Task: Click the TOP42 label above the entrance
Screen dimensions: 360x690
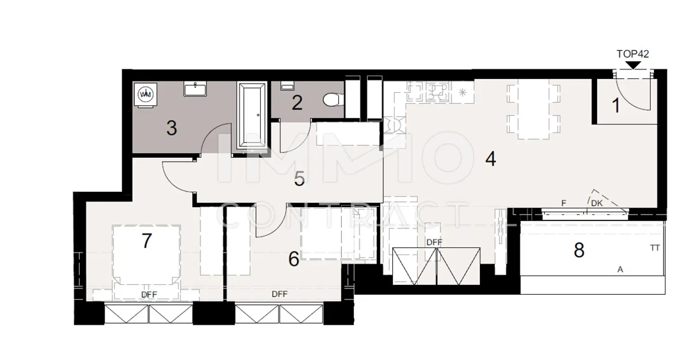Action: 632,54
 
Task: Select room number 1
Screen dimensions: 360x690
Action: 616,106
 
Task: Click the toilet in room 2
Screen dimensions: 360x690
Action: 332,99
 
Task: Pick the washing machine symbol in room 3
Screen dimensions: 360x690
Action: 145,94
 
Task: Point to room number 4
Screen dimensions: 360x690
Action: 491,159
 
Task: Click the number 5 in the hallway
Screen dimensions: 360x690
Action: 300,179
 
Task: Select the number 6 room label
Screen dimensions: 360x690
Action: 293,259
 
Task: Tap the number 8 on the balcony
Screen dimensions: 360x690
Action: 579,250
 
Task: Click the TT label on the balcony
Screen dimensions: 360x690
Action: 655,248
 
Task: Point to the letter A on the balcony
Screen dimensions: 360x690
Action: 620,270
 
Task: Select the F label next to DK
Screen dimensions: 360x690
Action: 563,203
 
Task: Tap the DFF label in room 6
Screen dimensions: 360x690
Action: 279,294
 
